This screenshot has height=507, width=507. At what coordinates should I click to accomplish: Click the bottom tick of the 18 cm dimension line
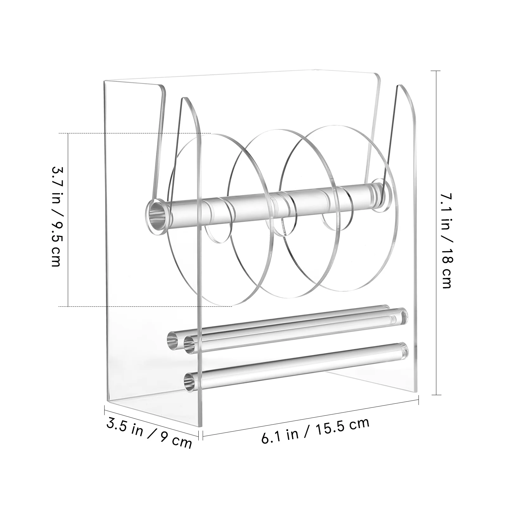pos(436,395)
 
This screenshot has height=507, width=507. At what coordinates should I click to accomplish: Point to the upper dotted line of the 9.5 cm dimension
pos(133,133)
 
